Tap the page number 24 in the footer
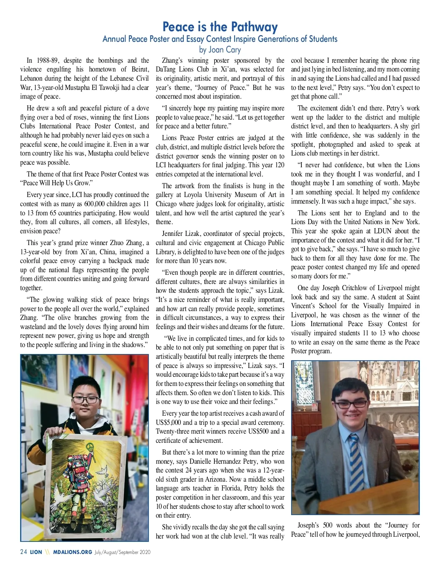tap(23, 552)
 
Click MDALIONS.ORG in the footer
tap(72, 552)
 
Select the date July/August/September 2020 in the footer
tap(122, 552)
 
